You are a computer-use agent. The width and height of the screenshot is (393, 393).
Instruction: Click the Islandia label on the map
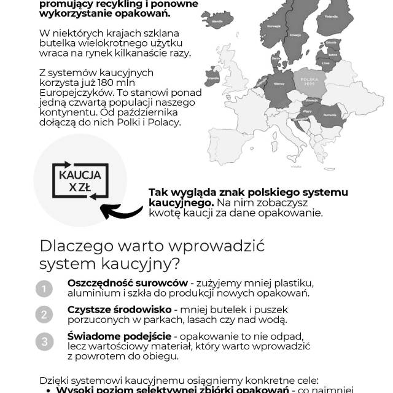click(x=217, y=21)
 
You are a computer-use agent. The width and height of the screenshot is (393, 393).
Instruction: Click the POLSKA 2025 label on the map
click(x=308, y=82)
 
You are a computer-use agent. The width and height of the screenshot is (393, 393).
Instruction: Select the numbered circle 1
click(x=44, y=288)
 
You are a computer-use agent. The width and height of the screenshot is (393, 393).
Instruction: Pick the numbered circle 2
click(x=44, y=315)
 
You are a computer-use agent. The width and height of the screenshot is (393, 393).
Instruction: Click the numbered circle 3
click(x=44, y=342)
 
